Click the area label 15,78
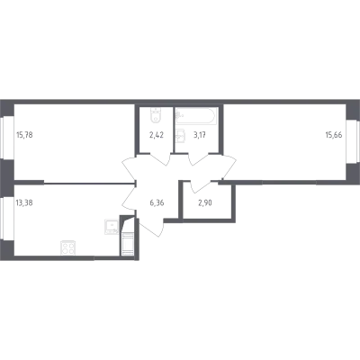[24, 135]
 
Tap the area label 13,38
[24, 202]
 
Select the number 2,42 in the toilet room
[157, 135]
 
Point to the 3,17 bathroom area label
[200, 135]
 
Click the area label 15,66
[334, 135]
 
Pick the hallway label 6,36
[157, 202]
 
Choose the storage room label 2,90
[205, 202]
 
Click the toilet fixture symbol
[156, 114]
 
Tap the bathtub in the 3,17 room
[195, 115]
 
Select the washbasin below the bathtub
[181, 138]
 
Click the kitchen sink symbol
[112, 227]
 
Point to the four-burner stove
[67, 248]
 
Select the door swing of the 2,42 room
[159, 159]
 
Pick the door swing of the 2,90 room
[200, 186]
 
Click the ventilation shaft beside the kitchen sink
[127, 236]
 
